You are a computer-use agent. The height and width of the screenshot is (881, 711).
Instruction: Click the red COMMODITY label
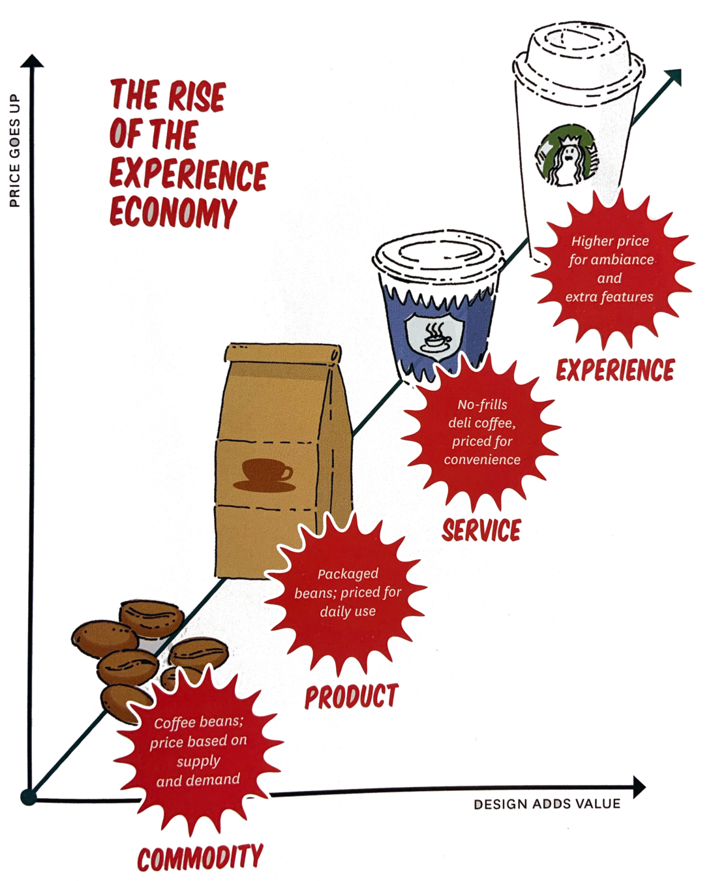click(200, 857)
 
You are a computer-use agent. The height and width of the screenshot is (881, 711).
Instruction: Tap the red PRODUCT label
click(351, 696)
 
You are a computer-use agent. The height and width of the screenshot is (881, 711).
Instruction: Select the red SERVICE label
click(482, 530)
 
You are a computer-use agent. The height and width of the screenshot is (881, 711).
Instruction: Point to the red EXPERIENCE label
click(615, 370)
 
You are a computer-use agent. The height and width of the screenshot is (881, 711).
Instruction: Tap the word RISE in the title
click(196, 97)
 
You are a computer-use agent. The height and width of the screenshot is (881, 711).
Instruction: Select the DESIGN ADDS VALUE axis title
click(547, 804)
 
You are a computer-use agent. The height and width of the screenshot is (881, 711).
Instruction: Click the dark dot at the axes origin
click(28, 797)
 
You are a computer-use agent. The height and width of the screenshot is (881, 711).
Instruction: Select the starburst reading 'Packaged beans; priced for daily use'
click(347, 593)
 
